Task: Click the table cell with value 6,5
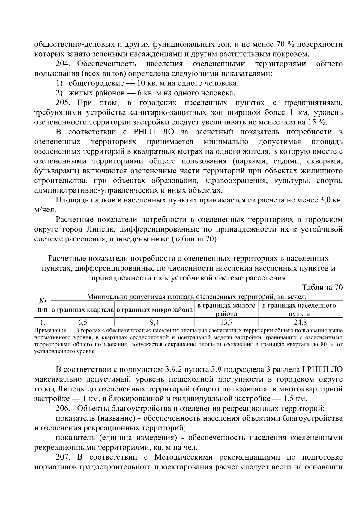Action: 83,323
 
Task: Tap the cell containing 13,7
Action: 227,323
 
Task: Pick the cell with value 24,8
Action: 301,323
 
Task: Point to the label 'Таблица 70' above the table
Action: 323,287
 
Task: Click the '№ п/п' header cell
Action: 43,305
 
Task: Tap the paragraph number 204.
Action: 63,64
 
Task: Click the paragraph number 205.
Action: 63,103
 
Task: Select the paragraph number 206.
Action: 63,408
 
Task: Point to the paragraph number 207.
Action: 63,457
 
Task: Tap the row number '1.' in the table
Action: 43,323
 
